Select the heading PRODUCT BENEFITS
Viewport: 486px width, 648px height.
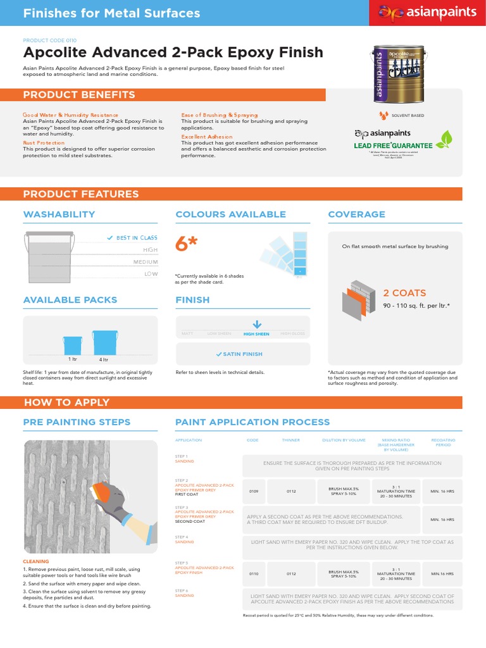pyautogui.click(x=79, y=95)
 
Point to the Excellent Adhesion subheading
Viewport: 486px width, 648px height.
pyautogui.click(x=207, y=137)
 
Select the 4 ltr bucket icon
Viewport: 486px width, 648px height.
pyautogui.click(x=103, y=342)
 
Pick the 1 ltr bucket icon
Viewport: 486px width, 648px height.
pyautogui.click(x=72, y=345)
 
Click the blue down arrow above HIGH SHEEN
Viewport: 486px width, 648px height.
pyautogui.click(x=256, y=325)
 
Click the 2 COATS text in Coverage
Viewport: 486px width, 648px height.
pyautogui.click(x=404, y=293)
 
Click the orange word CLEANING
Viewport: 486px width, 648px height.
pyautogui.click(x=35, y=561)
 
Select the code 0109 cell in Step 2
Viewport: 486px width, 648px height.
pyautogui.click(x=254, y=491)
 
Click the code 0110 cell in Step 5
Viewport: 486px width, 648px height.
pyautogui.click(x=254, y=574)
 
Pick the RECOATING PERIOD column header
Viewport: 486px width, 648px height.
pyautogui.click(x=442, y=442)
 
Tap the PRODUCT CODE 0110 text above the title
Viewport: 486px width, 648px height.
pyautogui.click(x=49, y=39)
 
